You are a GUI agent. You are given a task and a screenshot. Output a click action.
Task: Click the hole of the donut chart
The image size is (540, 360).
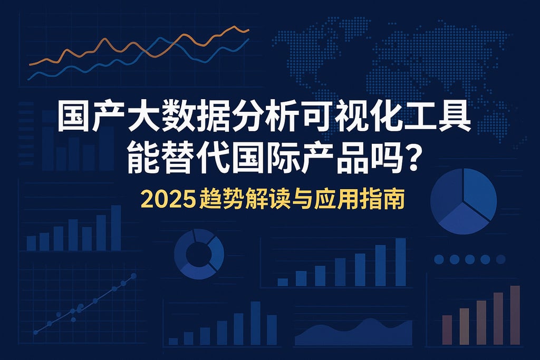point(199,254)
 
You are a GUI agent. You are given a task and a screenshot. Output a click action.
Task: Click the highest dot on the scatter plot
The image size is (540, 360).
point(133,276)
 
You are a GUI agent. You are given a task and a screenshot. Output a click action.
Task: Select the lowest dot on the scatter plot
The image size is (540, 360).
point(36,332)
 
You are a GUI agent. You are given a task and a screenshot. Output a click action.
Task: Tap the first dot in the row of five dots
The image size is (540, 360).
point(438,259)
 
